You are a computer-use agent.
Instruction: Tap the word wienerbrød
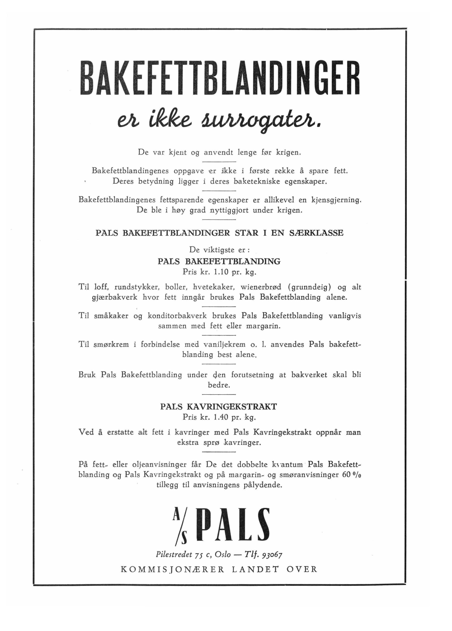[x=261, y=287]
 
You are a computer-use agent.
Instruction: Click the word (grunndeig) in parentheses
[x=309, y=287]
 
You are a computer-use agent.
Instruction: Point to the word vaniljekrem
[x=225, y=344]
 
